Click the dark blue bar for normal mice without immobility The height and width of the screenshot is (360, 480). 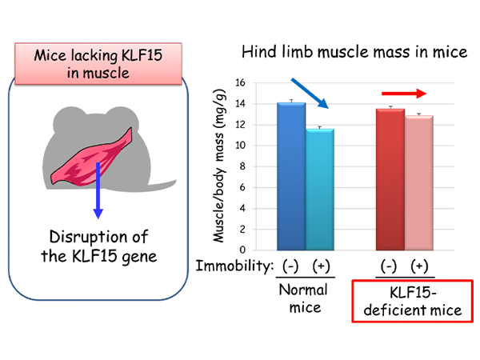point(291,176)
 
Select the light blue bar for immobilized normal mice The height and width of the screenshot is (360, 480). point(319,190)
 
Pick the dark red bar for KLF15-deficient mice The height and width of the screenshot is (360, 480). point(390,179)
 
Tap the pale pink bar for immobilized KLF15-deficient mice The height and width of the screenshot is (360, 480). point(418,182)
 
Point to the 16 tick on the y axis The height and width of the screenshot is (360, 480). point(240,82)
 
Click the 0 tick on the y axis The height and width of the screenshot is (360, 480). point(242,250)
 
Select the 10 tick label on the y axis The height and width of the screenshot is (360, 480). point(240,146)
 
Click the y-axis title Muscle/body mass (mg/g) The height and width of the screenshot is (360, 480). point(219,166)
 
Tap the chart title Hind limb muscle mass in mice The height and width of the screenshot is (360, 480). point(354,52)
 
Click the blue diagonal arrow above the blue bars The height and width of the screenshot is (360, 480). point(310,94)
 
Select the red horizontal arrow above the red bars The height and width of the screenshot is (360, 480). point(404,94)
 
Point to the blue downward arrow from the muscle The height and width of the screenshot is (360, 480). point(98,190)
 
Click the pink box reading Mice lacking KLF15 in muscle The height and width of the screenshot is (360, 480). point(98,64)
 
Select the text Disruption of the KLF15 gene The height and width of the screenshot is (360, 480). point(99,246)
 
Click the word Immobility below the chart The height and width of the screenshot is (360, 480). point(234,266)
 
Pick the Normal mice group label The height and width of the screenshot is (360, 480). point(304,298)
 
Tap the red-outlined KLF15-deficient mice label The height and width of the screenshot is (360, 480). point(412,301)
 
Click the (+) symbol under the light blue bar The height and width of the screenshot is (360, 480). point(321,266)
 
